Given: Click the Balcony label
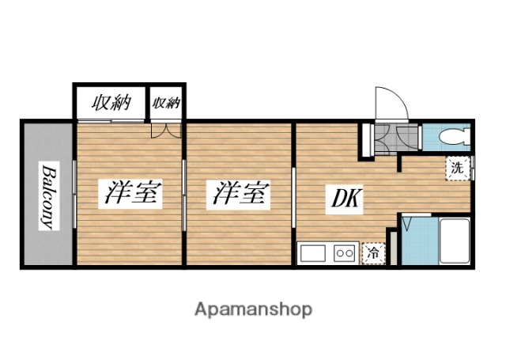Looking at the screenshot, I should click(x=47, y=195).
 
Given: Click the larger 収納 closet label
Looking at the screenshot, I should click(x=111, y=102).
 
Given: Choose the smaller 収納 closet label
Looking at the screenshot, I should click(x=167, y=103).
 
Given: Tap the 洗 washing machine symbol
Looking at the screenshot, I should click(x=458, y=168).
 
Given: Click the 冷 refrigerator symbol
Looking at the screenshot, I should click(x=372, y=253).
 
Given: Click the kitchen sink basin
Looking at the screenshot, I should click(x=313, y=253).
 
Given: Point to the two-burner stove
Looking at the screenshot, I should click(x=346, y=253).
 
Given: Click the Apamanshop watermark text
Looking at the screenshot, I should click(x=253, y=308).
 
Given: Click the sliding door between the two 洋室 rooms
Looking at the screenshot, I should click(x=185, y=194).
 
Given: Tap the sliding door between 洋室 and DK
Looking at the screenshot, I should click(x=294, y=194).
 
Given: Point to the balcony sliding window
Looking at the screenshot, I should click(x=74, y=194).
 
